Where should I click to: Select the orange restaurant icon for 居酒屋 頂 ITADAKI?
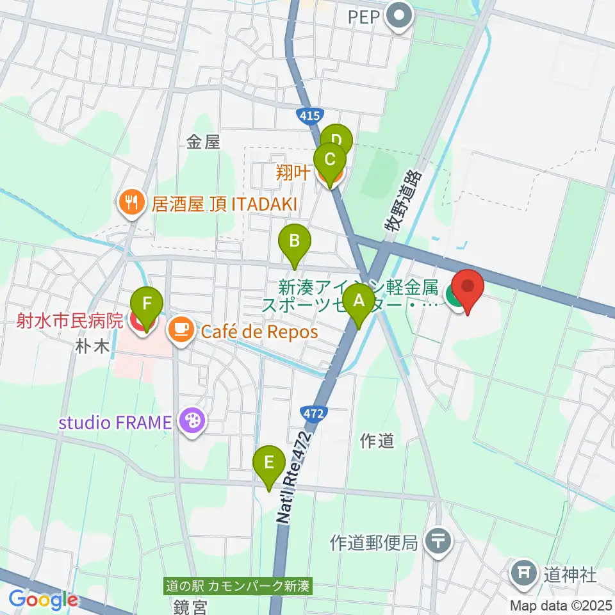[132, 204]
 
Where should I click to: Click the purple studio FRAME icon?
[193, 422]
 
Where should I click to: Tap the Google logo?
[43, 600]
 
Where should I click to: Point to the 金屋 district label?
[204, 142]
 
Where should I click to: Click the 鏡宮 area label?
[191, 605]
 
